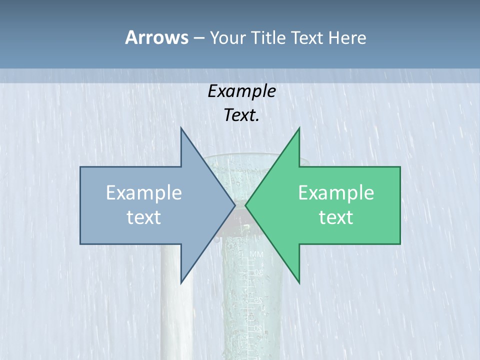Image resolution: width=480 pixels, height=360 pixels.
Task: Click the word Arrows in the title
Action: (156, 37)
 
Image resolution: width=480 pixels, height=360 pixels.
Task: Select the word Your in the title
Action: (227, 37)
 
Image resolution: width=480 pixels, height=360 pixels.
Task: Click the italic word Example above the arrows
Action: (241, 91)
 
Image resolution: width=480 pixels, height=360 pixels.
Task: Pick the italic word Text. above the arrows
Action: (241, 115)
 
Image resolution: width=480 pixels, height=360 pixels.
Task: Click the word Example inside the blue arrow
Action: (144, 193)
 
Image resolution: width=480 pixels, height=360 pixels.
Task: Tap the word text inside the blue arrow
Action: (144, 217)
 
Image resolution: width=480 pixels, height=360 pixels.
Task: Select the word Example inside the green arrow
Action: (336, 193)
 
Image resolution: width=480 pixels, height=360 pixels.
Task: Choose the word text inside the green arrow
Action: (336, 217)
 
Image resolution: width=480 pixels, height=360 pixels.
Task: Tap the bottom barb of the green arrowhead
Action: (299, 281)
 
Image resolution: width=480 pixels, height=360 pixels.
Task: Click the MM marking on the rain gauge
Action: (256, 255)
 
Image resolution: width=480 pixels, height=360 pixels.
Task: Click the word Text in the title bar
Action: (307, 37)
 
